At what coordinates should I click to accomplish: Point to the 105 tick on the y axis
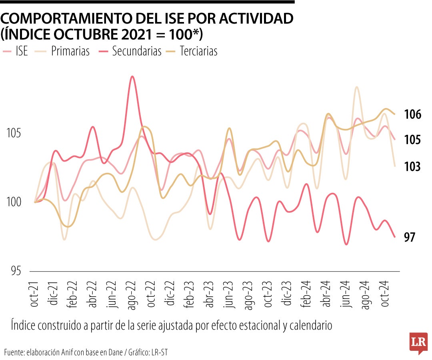point(14,134)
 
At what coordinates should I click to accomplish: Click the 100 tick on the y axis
point(14,202)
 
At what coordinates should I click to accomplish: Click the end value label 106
point(412,115)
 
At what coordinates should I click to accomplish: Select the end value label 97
point(410,238)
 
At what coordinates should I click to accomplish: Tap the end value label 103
point(412,167)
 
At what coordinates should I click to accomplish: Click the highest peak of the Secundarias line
point(132,76)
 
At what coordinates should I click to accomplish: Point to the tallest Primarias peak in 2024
point(356,87)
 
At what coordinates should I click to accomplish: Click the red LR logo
point(418,342)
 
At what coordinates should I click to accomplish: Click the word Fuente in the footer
point(15,352)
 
